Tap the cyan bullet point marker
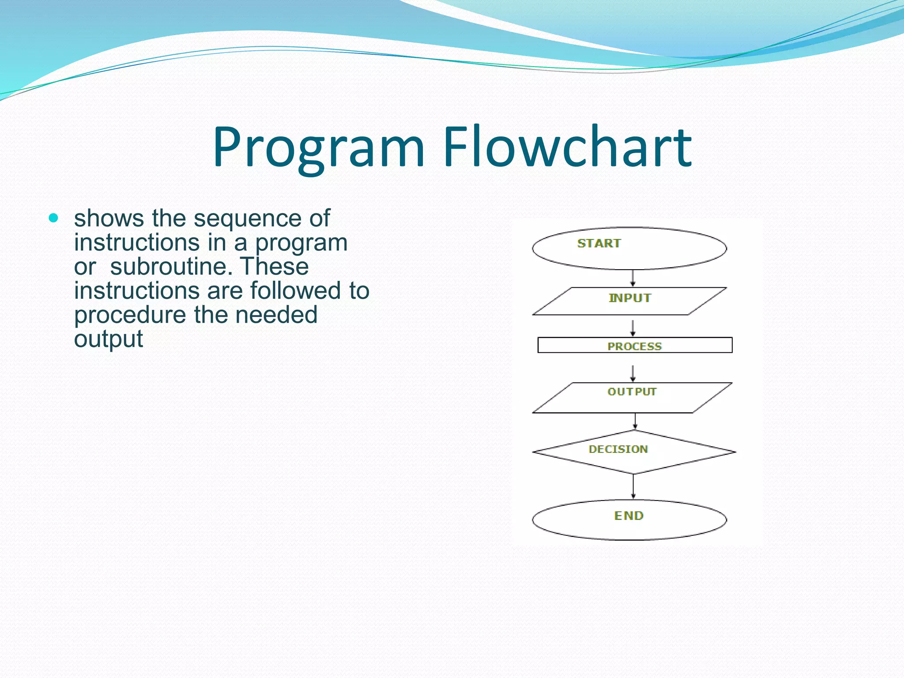pos(53,218)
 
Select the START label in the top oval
pos(599,243)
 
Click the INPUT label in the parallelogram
pos(630,298)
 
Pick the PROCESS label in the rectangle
pos(634,347)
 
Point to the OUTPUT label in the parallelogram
pos(632,392)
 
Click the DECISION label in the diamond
pos(618,449)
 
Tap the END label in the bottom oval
pos(629,516)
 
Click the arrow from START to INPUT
pos(633,279)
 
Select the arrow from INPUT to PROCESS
pos(633,328)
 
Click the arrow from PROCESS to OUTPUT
pos(633,373)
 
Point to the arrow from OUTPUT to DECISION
pos(635,422)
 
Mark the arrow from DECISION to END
pos(633,486)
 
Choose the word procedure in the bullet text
pos(130,315)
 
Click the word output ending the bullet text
pos(108,339)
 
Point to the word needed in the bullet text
pos(276,314)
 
